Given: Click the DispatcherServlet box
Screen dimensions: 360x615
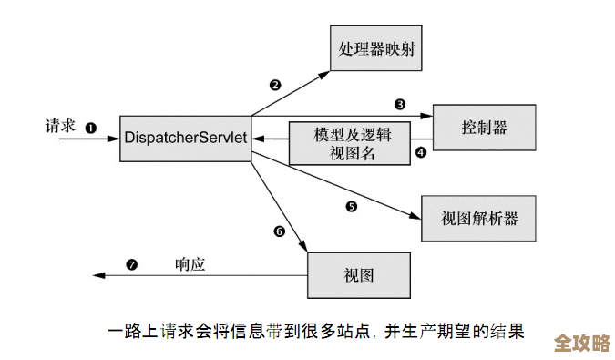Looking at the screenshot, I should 186,137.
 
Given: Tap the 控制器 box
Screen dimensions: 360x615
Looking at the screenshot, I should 482,127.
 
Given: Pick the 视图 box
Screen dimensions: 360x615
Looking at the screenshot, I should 359,274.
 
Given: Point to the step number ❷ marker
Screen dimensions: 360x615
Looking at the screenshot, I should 274,85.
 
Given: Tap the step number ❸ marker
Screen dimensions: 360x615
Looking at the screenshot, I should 400,104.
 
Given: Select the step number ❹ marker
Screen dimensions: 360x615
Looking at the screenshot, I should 420,152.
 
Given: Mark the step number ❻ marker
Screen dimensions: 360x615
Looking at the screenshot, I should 280,231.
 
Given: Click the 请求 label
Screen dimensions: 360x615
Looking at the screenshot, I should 61,126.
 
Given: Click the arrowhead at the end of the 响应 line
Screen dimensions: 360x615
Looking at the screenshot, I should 96,274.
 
